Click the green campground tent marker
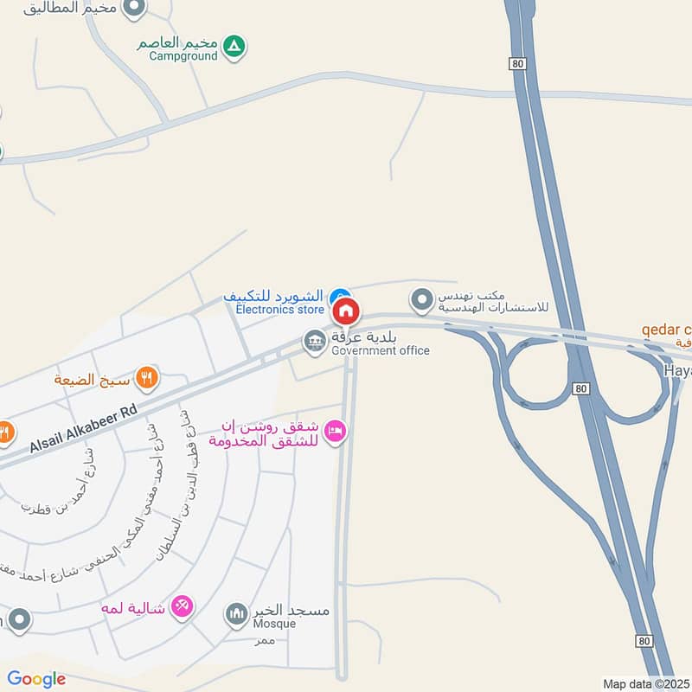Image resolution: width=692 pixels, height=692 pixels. (233, 46)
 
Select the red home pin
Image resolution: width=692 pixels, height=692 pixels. (346, 311)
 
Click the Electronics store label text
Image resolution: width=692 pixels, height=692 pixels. (280, 309)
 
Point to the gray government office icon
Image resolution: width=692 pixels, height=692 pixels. (313, 343)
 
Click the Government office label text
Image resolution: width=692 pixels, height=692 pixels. (380, 350)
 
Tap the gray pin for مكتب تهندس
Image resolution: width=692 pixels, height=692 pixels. (421, 300)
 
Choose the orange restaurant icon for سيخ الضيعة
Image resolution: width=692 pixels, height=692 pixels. (148, 378)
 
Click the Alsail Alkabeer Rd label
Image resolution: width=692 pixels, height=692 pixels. (84, 431)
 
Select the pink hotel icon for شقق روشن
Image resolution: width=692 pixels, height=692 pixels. (336, 429)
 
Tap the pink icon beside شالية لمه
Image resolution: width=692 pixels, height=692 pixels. (182, 605)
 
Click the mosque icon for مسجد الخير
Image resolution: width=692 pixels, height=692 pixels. (236, 615)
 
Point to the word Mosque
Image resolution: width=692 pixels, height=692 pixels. (274, 624)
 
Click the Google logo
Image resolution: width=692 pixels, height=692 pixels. (36, 679)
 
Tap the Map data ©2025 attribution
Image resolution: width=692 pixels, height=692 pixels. (645, 683)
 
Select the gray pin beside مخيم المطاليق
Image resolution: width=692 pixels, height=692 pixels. (134, 9)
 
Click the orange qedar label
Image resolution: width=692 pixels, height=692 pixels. (666, 330)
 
